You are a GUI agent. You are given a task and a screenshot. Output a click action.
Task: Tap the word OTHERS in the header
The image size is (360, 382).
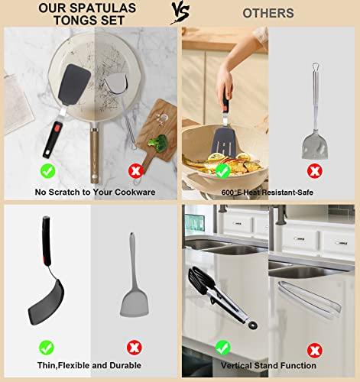268,13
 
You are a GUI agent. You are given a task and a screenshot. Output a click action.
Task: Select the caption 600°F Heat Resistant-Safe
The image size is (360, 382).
269,192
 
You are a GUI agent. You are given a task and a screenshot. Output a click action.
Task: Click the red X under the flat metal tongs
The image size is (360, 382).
313,350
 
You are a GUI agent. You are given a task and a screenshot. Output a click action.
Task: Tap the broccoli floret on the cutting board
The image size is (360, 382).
158,143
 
